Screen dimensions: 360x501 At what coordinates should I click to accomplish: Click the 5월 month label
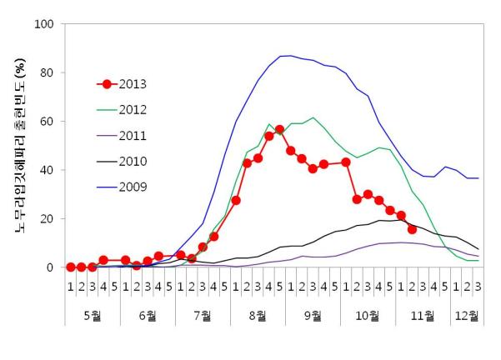coord(93,316)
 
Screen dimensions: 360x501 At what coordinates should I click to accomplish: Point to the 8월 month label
coord(258,316)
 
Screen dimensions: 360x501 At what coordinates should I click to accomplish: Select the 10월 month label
coord(368,316)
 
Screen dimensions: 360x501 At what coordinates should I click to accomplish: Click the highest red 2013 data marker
coord(280,130)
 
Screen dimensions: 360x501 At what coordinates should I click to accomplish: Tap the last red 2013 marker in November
coord(412,229)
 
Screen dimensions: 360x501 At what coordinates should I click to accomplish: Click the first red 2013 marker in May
coord(71,267)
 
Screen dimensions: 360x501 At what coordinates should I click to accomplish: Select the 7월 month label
coord(203,316)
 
